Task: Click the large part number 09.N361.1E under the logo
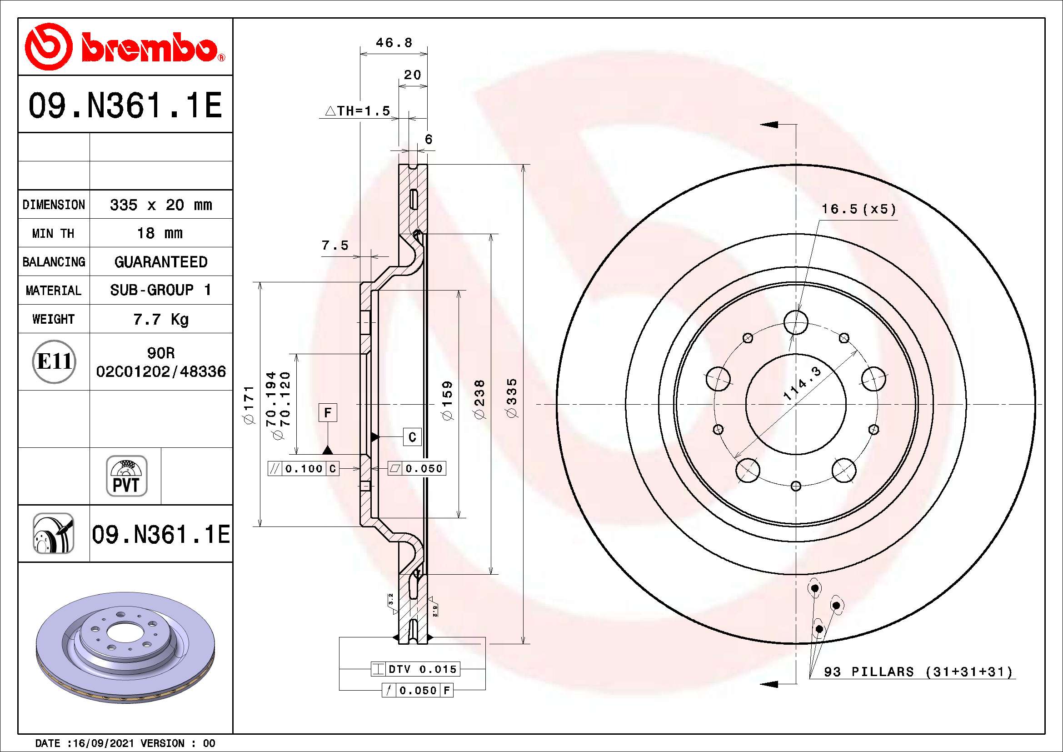click(x=125, y=105)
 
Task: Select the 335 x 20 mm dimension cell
click(x=160, y=205)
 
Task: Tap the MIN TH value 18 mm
click(x=160, y=233)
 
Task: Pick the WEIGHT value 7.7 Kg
click(x=160, y=319)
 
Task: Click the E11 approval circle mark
click(x=54, y=361)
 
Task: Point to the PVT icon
click(x=126, y=476)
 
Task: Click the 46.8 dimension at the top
click(x=394, y=43)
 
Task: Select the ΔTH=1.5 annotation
click(x=357, y=111)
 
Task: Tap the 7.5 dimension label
click(x=335, y=245)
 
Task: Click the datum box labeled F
click(x=328, y=412)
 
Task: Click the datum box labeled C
click(x=412, y=436)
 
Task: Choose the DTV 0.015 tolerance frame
click(x=416, y=669)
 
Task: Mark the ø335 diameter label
click(x=512, y=398)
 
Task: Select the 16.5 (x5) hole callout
click(x=859, y=209)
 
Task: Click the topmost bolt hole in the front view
click(x=796, y=322)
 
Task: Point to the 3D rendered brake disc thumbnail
click(x=125, y=647)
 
